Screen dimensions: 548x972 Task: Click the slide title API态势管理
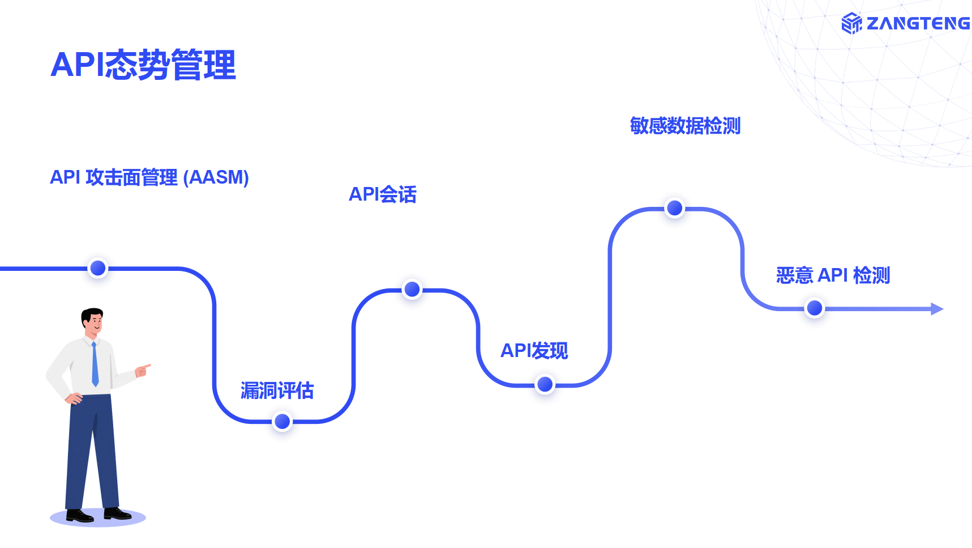click(x=143, y=65)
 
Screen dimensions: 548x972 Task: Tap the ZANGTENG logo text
click(x=918, y=23)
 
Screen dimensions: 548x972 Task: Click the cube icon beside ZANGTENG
click(x=851, y=23)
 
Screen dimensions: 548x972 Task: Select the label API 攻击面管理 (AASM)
click(x=149, y=177)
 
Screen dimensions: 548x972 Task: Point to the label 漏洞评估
click(x=277, y=390)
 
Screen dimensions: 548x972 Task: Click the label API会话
click(x=383, y=194)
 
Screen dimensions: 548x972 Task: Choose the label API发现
click(x=534, y=351)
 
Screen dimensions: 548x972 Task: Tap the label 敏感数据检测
click(x=685, y=126)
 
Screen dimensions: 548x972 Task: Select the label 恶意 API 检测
click(x=833, y=275)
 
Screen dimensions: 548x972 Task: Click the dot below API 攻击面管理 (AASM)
click(x=98, y=268)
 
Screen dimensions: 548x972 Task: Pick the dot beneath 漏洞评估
click(x=282, y=422)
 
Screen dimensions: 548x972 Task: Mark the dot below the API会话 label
click(x=412, y=290)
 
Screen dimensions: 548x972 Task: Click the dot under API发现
click(x=545, y=385)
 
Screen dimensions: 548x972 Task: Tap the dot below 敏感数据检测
click(x=674, y=209)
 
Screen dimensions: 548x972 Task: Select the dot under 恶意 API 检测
click(x=814, y=308)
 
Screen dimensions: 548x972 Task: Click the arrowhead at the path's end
click(x=937, y=309)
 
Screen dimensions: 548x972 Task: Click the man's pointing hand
click(x=143, y=370)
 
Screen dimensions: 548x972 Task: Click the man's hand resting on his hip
click(x=74, y=398)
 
